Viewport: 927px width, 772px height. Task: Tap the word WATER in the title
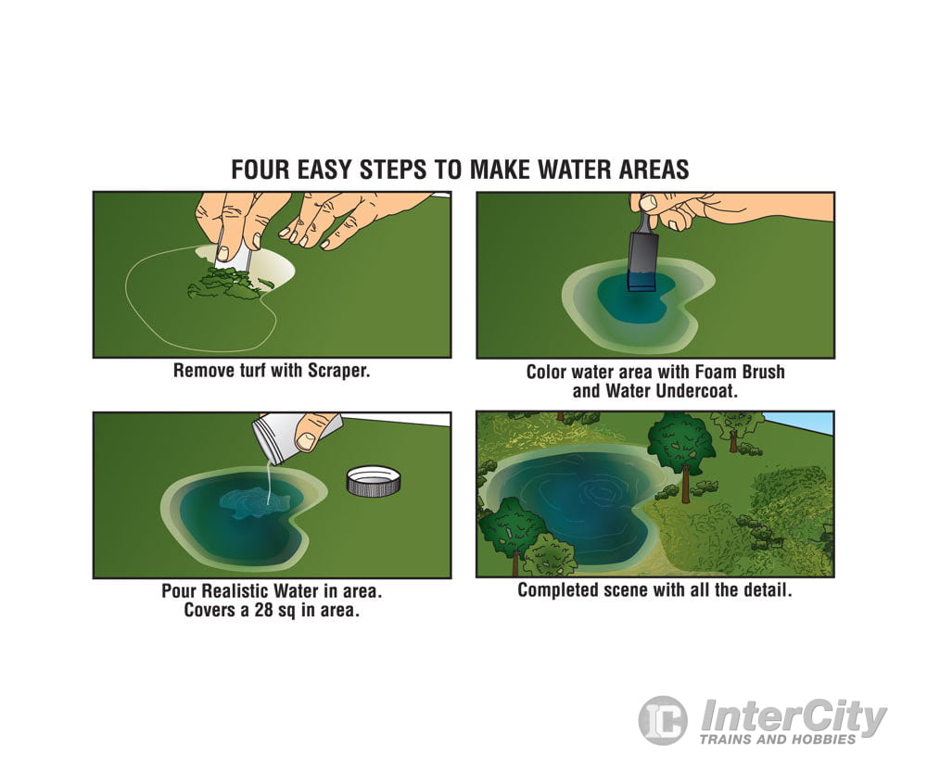573,169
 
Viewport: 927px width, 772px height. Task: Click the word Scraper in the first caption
338,371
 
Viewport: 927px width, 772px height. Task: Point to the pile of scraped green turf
228,283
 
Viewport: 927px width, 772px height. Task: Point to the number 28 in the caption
263,610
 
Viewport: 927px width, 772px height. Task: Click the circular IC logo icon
663,720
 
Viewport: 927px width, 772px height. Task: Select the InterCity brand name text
794,717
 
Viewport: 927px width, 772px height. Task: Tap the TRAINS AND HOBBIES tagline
778,739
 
